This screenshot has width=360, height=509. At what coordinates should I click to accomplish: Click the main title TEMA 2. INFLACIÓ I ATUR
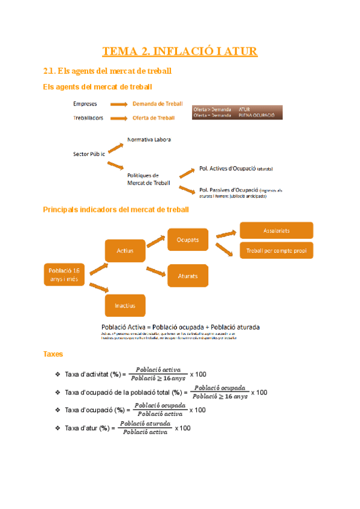tap(180, 52)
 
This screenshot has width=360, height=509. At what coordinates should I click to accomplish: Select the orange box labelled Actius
tap(124, 251)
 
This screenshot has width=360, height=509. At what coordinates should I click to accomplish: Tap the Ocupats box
tap(188, 239)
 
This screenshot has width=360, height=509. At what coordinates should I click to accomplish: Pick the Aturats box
tap(188, 276)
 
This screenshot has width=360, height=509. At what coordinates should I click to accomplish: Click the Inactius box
tap(125, 306)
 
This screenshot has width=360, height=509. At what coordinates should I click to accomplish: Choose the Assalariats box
tap(276, 230)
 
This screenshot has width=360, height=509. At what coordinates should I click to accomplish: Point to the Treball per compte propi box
tap(276, 251)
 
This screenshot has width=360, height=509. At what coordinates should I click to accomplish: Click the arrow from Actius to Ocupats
tap(156, 241)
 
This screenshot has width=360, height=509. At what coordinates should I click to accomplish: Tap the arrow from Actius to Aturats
tap(156, 270)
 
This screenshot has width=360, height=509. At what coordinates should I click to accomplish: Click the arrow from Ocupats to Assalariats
tap(226, 233)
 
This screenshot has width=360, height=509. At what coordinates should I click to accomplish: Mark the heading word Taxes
tap(53, 355)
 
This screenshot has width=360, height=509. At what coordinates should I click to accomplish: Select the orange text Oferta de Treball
tap(154, 118)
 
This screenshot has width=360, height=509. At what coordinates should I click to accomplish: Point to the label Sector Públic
tap(89, 154)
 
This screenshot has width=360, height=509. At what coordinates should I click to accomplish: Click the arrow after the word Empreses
tap(118, 104)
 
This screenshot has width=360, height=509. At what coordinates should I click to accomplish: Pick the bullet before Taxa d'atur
tap(57, 428)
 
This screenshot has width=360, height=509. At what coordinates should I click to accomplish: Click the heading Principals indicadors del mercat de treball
tap(116, 209)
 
